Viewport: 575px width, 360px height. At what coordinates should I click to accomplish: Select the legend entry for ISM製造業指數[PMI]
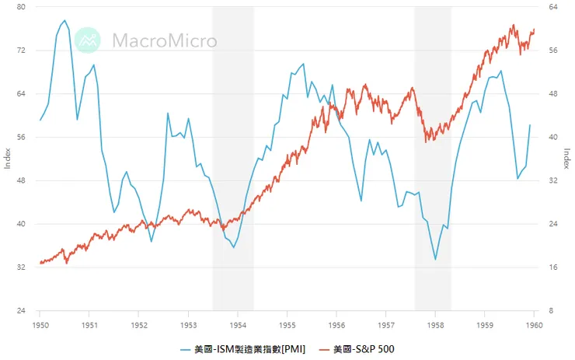click(x=243, y=348)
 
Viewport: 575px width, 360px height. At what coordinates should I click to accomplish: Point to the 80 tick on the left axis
click(x=21, y=7)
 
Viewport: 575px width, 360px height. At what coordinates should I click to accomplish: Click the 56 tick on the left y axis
click(x=21, y=137)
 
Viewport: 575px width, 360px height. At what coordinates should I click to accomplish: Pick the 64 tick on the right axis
click(x=553, y=7)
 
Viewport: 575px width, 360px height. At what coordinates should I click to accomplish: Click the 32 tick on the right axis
click(x=553, y=180)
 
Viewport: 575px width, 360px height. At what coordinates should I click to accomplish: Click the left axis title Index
click(x=7, y=159)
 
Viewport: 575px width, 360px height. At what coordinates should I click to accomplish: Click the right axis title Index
click(x=567, y=159)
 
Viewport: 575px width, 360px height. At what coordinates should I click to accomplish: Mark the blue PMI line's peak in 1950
click(x=64, y=21)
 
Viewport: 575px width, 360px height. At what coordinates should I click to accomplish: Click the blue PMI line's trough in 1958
click(x=435, y=260)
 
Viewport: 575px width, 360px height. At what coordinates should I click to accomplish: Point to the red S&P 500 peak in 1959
click(x=513, y=25)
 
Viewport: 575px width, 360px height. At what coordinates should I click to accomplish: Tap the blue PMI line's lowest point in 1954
click(x=234, y=247)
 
